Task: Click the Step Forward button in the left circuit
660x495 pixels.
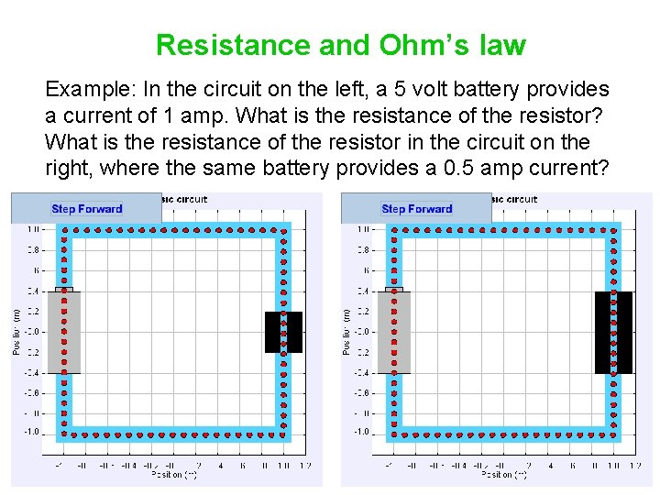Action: (86, 209)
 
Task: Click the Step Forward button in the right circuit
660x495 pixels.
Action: (416, 209)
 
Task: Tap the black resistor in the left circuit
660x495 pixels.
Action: (283, 332)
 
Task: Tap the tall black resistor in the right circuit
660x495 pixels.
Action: (613, 332)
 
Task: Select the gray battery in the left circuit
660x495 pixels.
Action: (64, 332)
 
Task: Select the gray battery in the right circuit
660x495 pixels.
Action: (394, 332)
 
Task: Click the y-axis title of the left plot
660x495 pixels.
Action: (16, 331)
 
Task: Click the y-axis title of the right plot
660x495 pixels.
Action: (346, 331)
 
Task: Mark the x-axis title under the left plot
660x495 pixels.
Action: (174, 475)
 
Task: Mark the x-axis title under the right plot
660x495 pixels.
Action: (504, 475)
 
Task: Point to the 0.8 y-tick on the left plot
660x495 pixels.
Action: (33, 249)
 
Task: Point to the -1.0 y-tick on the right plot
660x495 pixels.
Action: (362, 432)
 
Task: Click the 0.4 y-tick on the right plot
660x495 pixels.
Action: (364, 291)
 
